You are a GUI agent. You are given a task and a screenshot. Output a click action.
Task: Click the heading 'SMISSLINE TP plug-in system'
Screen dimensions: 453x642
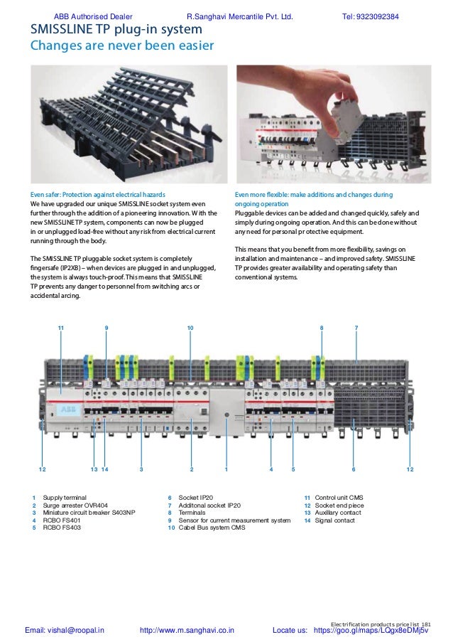tap(115, 31)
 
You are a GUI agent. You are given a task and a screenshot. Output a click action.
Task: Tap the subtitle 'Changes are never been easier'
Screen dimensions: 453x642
tap(121, 47)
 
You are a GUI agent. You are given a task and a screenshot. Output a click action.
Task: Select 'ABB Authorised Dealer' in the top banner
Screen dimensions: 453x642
tap(92, 16)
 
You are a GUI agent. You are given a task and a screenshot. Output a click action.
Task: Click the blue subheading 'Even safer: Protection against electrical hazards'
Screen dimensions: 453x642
tap(97, 194)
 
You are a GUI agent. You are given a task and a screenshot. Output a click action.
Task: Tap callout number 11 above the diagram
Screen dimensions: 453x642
tap(61, 327)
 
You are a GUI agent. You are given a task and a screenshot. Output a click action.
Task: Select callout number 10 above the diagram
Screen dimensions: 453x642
tap(190, 327)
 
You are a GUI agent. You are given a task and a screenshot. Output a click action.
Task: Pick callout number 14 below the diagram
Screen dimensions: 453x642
tap(104, 469)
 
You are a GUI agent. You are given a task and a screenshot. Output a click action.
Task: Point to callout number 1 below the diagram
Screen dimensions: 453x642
tap(226, 469)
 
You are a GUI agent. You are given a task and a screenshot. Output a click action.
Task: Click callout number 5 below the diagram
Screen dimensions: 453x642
tap(293, 469)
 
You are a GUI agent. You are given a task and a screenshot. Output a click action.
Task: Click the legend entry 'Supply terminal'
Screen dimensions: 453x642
tap(65, 498)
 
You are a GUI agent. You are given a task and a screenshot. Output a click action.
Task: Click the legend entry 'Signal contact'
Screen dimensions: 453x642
tap(334, 521)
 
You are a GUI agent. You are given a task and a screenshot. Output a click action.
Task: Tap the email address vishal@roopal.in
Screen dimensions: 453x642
tap(65, 630)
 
